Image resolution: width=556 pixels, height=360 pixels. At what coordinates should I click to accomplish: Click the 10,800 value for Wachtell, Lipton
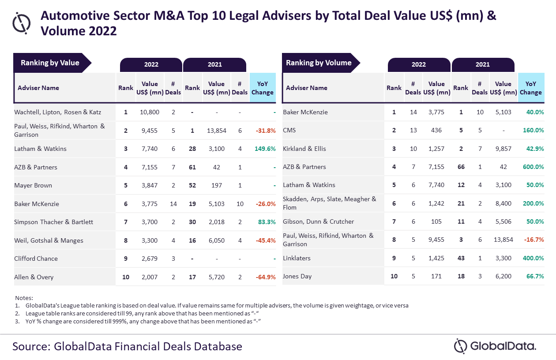pyautogui.click(x=150, y=112)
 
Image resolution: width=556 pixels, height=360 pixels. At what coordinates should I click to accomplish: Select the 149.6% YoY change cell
pyautogui.click(x=265, y=149)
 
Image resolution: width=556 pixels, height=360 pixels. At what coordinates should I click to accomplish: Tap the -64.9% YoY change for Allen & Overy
pyautogui.click(x=265, y=277)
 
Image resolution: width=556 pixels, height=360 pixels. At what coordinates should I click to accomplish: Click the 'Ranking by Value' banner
pyautogui.click(x=50, y=63)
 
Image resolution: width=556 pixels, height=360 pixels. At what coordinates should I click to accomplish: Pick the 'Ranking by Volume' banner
pyautogui.click(x=319, y=63)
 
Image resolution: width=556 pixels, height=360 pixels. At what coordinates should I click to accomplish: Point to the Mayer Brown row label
pyautogui.click(x=33, y=185)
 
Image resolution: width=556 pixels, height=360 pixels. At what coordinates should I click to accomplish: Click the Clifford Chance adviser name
pyautogui.click(x=36, y=259)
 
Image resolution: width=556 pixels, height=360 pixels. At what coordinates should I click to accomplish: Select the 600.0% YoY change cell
pyautogui.click(x=533, y=167)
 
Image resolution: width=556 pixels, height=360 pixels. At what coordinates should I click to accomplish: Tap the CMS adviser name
pyautogui.click(x=289, y=130)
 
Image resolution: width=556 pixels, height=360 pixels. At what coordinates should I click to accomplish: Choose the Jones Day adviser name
pyautogui.click(x=297, y=276)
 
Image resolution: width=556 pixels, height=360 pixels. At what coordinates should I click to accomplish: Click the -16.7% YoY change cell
pyautogui.click(x=534, y=240)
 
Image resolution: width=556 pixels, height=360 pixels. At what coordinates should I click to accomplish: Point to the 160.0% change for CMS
pyautogui.click(x=533, y=130)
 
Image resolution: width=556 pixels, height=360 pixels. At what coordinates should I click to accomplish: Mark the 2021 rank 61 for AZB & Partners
pyautogui.click(x=192, y=167)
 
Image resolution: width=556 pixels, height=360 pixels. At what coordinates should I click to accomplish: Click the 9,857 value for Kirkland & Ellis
pyautogui.click(x=503, y=149)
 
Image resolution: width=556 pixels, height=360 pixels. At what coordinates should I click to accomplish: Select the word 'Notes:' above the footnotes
pyautogui.click(x=24, y=298)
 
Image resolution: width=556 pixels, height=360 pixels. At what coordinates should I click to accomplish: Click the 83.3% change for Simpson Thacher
pyautogui.click(x=267, y=222)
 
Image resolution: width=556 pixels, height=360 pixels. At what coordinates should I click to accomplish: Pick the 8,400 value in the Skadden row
pyautogui.click(x=503, y=203)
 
